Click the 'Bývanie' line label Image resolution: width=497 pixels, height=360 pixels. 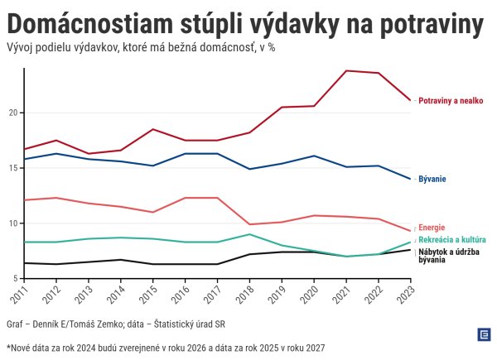[432, 179]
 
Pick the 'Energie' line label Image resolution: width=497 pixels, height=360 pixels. [432, 228]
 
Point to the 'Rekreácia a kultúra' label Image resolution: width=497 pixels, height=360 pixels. [451, 239]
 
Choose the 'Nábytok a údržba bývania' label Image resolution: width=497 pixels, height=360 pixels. [448, 255]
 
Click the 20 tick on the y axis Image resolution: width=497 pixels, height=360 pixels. [12, 113]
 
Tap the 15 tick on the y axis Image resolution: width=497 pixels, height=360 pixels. [12, 168]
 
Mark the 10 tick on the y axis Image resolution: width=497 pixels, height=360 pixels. [12, 223]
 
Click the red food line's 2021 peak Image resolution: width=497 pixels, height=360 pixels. [346, 70]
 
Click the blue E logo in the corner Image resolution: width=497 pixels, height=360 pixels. [484, 334]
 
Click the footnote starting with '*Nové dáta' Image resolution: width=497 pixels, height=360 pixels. [166, 348]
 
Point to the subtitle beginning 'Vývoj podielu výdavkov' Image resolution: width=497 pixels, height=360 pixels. [140, 47]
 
